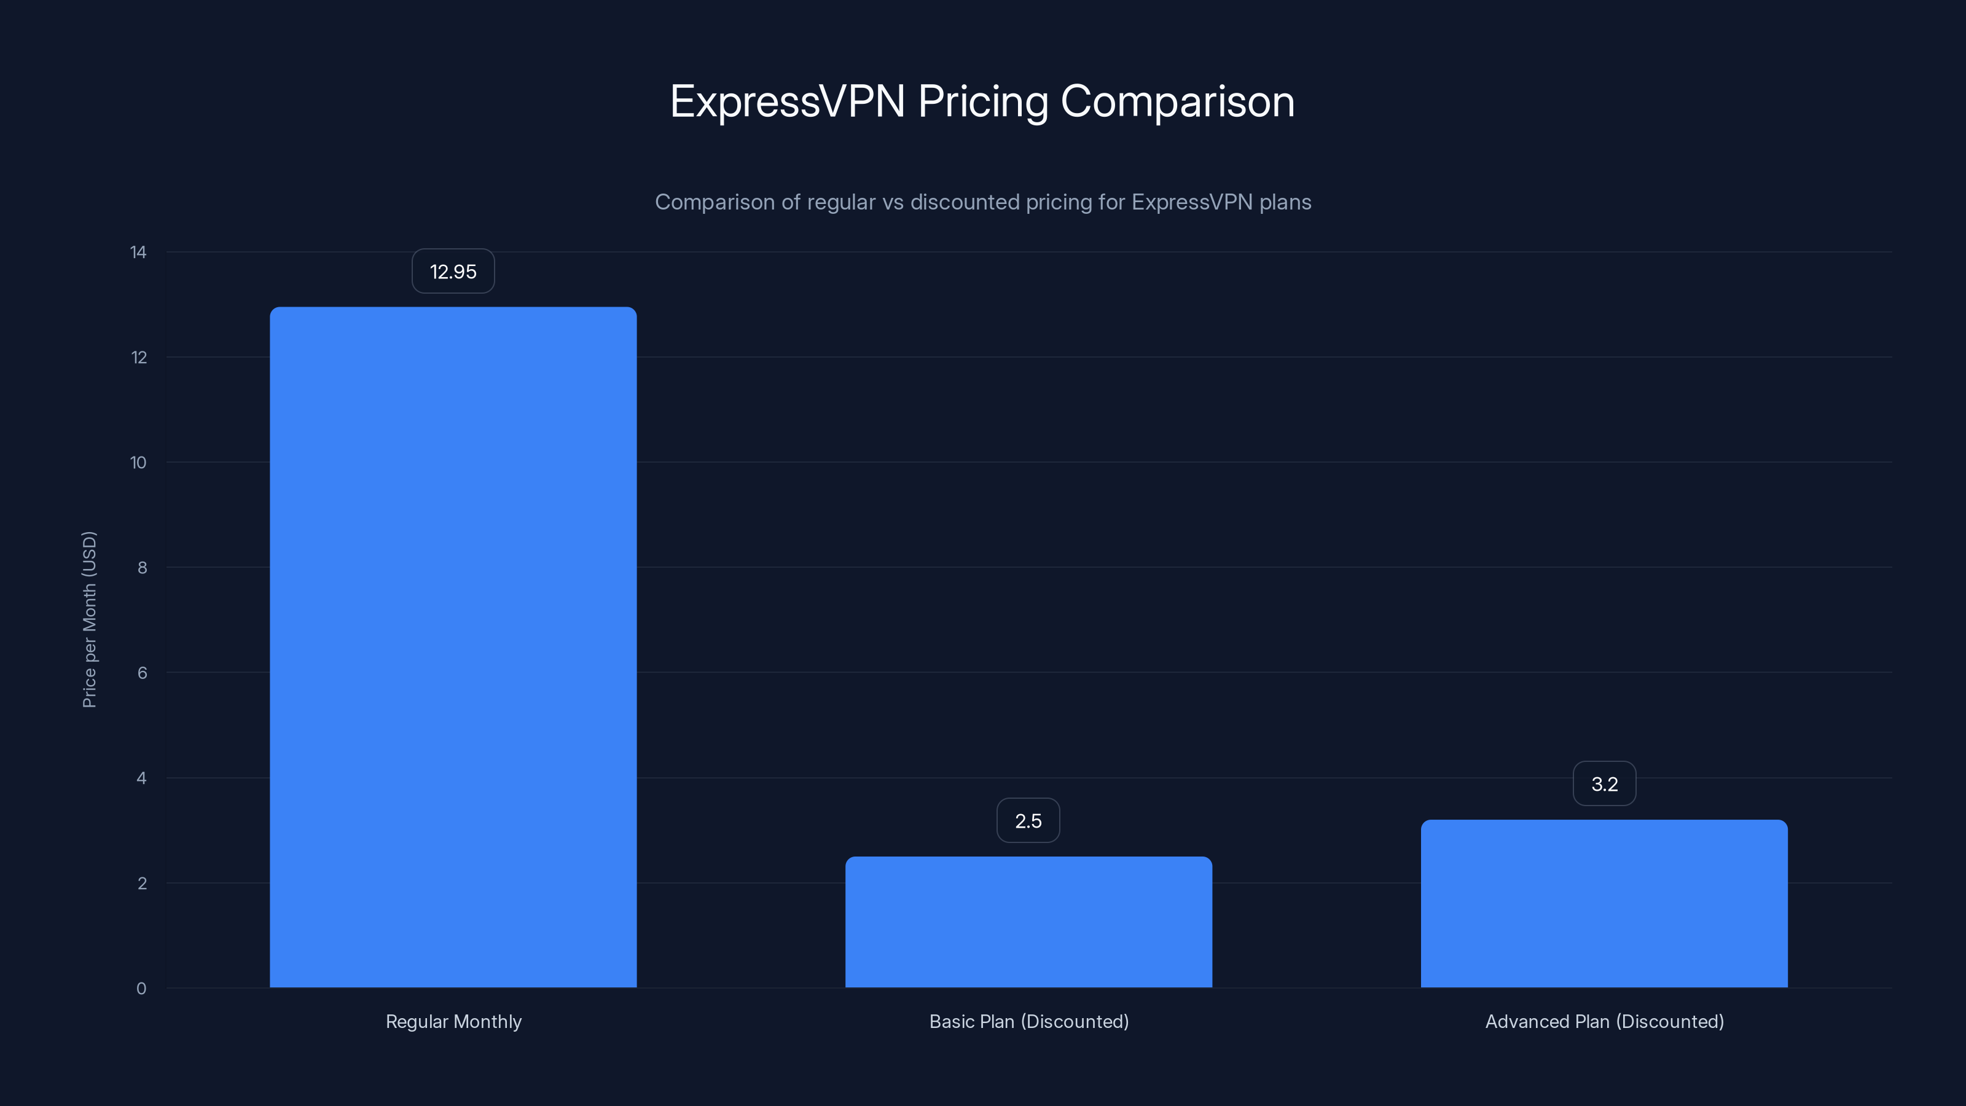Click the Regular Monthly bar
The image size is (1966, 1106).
(453, 647)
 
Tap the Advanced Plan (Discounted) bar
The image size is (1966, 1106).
(1604, 903)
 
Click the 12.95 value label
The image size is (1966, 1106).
(453, 272)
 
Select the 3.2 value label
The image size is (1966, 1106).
(1604, 784)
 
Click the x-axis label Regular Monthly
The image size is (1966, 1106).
(453, 1021)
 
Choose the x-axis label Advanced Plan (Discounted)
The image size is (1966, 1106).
(1604, 1021)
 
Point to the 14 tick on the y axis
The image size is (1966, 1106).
(138, 252)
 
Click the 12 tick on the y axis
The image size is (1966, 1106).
(138, 357)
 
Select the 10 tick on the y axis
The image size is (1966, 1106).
(138, 463)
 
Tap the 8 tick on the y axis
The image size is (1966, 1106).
(142, 567)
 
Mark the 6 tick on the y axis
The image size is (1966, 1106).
(142, 672)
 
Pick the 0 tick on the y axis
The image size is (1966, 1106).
(141, 989)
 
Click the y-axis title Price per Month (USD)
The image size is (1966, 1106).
(89, 619)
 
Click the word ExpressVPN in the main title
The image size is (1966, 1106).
(787, 101)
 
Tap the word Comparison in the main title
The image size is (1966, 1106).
(1177, 101)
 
